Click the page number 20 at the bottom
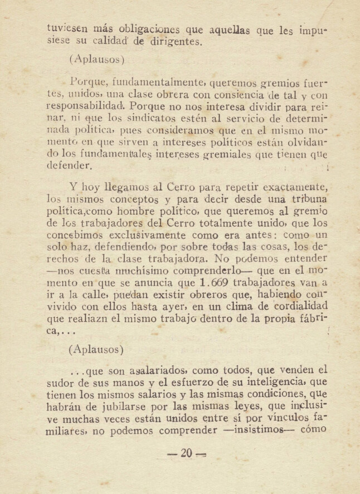click(x=186, y=454)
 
